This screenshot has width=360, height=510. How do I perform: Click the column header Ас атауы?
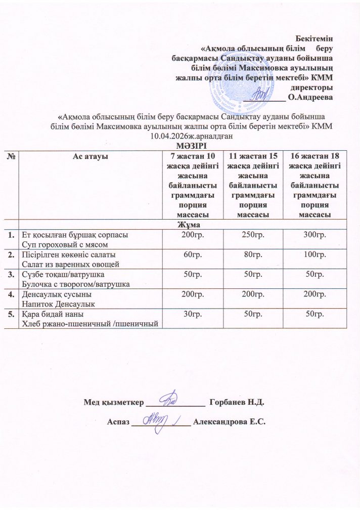coord(90,156)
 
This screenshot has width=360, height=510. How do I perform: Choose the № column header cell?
coord(11,156)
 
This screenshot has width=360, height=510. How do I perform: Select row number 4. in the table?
coord(11,294)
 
